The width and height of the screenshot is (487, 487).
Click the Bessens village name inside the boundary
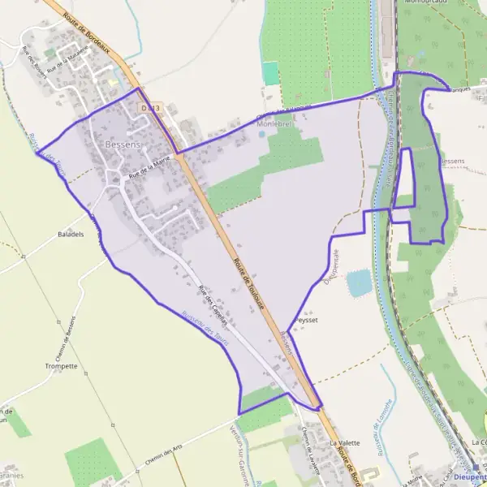(x=123, y=144)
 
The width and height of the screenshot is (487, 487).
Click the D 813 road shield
(x=151, y=106)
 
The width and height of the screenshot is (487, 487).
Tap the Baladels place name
(x=71, y=235)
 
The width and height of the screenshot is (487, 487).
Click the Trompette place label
(x=62, y=366)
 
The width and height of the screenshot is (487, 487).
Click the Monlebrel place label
(x=274, y=125)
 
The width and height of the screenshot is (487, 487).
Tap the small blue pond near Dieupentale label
(x=359, y=282)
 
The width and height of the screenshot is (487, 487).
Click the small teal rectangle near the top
(x=270, y=72)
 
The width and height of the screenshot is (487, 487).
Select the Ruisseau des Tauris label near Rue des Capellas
(x=205, y=330)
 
